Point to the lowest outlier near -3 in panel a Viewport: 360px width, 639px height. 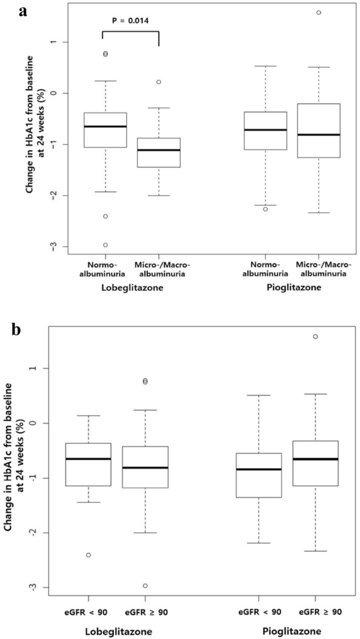point(88,245)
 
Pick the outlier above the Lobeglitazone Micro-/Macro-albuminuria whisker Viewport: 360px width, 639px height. point(159,82)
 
